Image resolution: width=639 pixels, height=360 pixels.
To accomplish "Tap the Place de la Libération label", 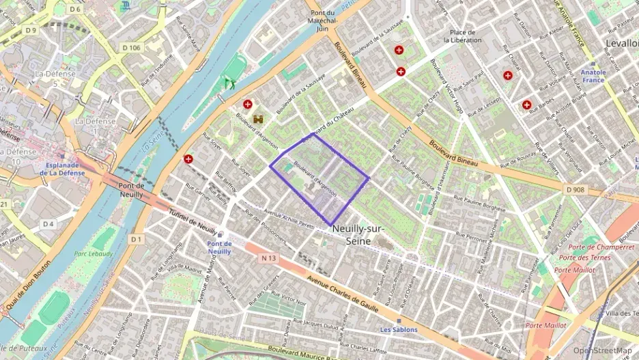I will tap(462, 36).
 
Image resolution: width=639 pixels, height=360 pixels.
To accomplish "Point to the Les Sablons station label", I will tap(398, 329).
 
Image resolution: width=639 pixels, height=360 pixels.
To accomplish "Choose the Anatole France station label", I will tap(593, 76).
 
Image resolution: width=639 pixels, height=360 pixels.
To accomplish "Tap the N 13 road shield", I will tap(269, 258).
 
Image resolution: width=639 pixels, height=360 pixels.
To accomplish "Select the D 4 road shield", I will tap(48, 223).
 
